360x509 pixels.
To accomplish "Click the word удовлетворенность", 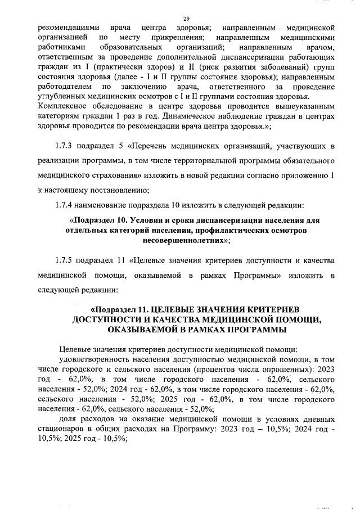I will pos(99,359).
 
